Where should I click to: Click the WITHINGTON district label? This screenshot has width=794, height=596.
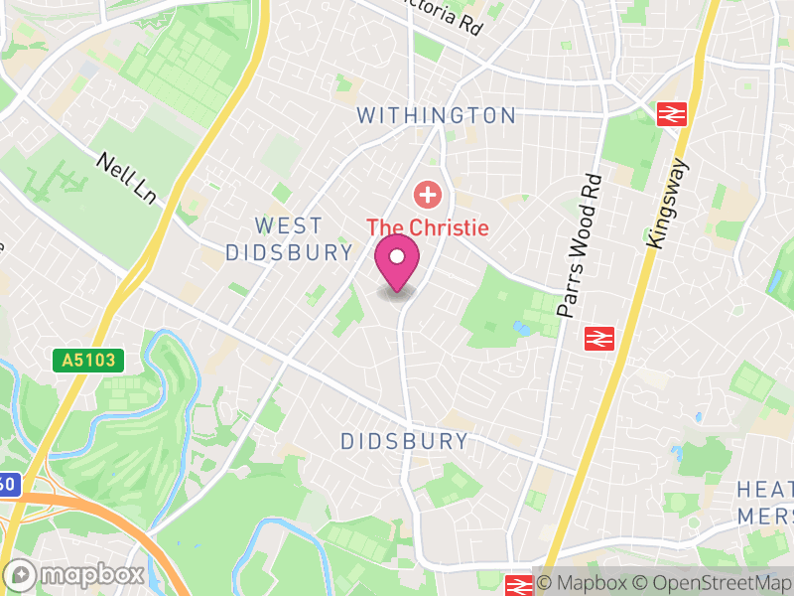pos(437,116)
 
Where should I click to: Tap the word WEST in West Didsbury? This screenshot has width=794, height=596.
pos(288,226)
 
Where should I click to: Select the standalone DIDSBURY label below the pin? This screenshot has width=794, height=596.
pos(404,441)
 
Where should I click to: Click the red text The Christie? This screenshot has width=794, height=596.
pos(429,227)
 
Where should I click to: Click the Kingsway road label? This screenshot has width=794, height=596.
pos(666,203)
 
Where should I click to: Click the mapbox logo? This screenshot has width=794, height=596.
pos(75,574)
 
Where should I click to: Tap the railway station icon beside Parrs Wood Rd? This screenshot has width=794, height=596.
pos(598,339)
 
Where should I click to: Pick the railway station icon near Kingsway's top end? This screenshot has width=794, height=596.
pos(672,114)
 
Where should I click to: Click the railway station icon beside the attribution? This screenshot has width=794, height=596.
pos(517,585)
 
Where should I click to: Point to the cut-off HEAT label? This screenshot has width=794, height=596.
pos(764,490)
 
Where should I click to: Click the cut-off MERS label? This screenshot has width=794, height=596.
pos(765,517)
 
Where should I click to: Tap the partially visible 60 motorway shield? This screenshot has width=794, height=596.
pos(8,485)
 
